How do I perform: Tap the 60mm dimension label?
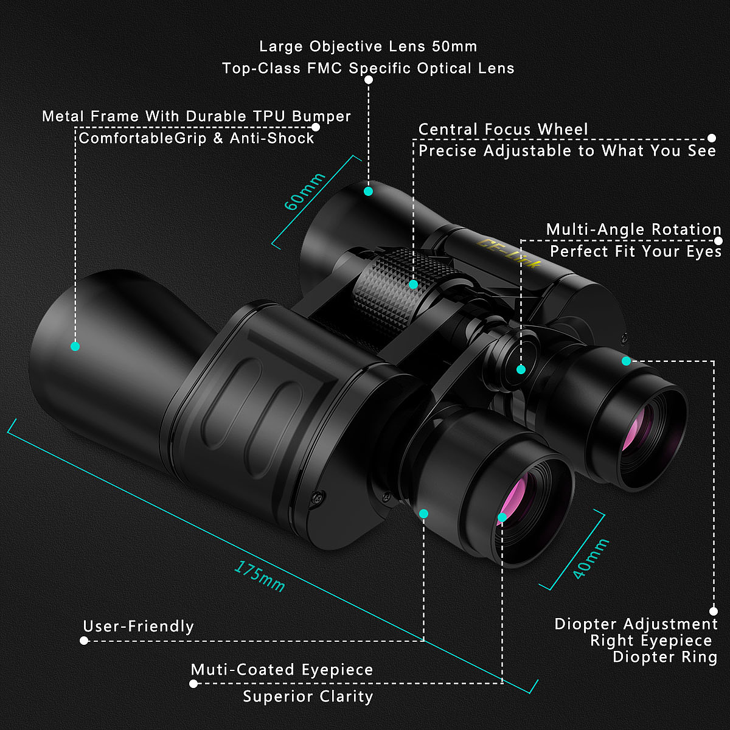click(x=305, y=191)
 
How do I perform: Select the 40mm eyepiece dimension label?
click(x=590, y=558)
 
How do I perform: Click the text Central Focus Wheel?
click(x=503, y=130)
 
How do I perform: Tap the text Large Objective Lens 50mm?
click(x=368, y=47)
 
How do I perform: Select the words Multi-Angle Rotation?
click(x=633, y=230)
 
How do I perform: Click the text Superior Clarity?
click(x=308, y=697)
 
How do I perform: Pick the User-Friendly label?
click(x=138, y=627)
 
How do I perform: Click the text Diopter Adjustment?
click(x=636, y=624)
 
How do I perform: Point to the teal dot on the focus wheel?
click(x=413, y=284)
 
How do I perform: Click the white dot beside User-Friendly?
click(x=84, y=641)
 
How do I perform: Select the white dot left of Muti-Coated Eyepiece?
click(x=193, y=684)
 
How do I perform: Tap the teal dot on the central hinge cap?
click(x=521, y=369)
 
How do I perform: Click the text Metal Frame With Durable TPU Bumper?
click(x=196, y=116)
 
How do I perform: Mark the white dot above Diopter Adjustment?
click(x=714, y=611)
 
